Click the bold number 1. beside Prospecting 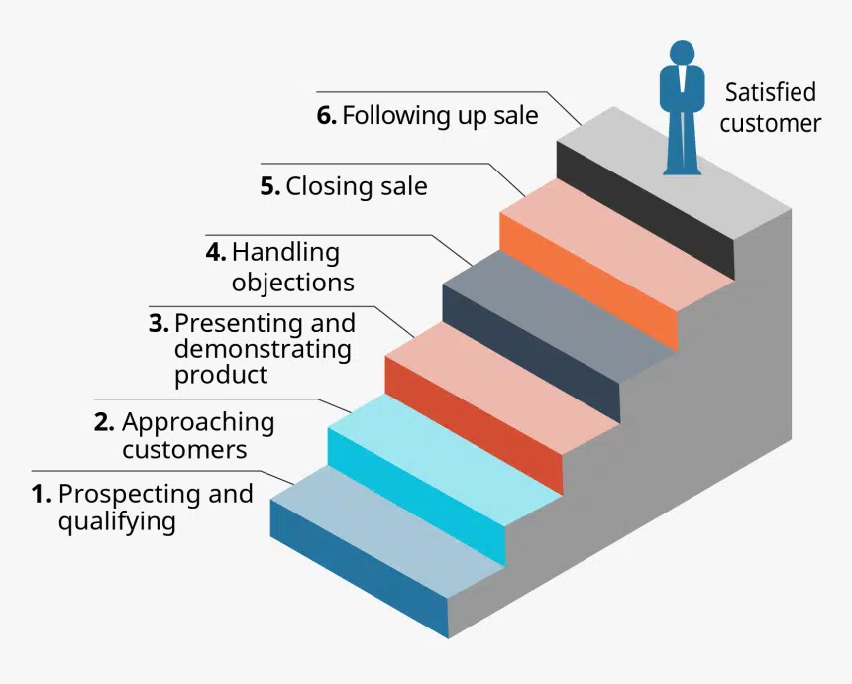coord(42,494)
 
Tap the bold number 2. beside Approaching coord(104,422)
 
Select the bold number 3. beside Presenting coord(159,323)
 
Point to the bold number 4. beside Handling coord(216,252)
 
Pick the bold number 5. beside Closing coord(270,186)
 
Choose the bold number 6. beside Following coord(327,115)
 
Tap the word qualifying coord(117,522)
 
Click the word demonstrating coord(263,349)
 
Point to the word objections coord(293,283)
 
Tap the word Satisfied coord(771,92)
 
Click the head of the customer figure coord(682,53)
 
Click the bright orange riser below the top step coord(588,282)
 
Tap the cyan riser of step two coord(417,497)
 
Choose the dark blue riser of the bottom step coord(360,569)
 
